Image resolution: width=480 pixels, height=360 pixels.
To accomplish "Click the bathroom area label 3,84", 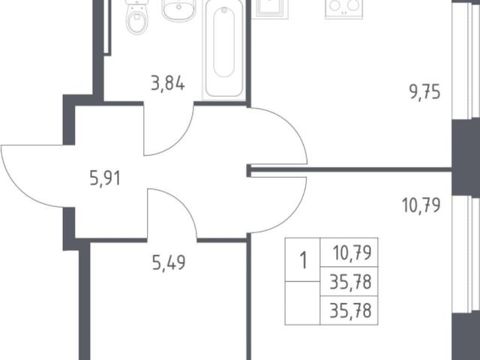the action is coord(168,84).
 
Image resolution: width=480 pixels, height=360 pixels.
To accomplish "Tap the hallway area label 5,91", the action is coord(105,178).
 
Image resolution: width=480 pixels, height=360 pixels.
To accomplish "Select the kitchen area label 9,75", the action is coord(425,92).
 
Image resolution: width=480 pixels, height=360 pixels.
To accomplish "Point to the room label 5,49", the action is coord(169,263).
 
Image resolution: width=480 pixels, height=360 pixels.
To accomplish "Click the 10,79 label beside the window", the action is coord(421,205).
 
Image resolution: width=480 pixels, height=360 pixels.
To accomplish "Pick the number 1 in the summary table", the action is coord(303,260).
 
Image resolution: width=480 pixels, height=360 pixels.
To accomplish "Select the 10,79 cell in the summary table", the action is coord(352,253).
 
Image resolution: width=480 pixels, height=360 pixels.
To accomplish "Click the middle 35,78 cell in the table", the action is coord(350,282).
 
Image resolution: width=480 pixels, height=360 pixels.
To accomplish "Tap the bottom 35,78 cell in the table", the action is coord(350,310).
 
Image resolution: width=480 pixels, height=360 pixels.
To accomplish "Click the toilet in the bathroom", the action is coord(136,16).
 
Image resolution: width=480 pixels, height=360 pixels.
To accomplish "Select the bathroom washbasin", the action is coord(178,10).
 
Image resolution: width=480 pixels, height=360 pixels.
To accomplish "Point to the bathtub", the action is coord(224,49).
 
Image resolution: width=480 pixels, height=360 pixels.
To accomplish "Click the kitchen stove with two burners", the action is coord(343,9).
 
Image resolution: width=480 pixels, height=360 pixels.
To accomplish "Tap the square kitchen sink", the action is coord(270,9).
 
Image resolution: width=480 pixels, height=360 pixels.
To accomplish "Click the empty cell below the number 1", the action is coord(302,303).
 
